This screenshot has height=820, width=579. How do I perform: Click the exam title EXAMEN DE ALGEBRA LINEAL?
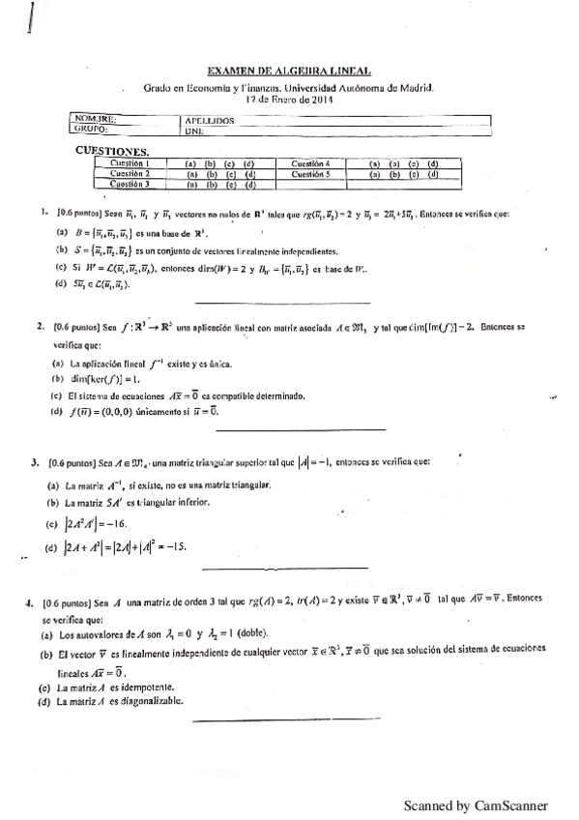(289, 70)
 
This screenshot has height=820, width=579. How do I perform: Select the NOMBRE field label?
(93, 120)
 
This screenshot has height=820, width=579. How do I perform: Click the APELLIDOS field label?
(209, 121)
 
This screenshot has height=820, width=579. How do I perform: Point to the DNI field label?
(192, 130)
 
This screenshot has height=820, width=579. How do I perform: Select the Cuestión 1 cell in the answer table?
(128, 164)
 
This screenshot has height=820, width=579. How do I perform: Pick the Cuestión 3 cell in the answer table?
(128, 184)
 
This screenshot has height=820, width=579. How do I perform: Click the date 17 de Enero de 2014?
(288, 98)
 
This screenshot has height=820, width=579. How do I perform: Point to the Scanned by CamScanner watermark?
(476, 805)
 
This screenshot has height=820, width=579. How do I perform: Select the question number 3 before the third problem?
(35, 463)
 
